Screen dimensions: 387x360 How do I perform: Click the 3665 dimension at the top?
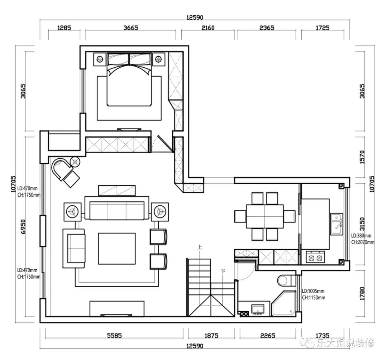(131, 28)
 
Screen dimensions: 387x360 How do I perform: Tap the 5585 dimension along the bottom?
(114, 335)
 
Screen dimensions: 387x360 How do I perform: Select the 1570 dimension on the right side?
(362, 157)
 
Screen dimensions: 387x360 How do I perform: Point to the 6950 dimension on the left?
(23, 227)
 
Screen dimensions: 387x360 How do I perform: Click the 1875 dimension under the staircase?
(211, 335)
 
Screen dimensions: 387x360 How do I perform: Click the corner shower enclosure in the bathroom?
(283, 303)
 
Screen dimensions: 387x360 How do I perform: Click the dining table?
(264, 216)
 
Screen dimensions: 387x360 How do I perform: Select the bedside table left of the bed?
(100, 59)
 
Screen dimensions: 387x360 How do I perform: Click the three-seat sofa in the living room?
(117, 208)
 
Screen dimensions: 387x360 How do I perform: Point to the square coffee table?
(117, 249)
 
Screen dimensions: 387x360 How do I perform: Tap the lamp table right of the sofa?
(160, 212)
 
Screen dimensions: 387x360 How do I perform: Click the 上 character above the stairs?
(200, 247)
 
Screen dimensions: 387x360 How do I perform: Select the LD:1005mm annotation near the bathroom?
(313, 291)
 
